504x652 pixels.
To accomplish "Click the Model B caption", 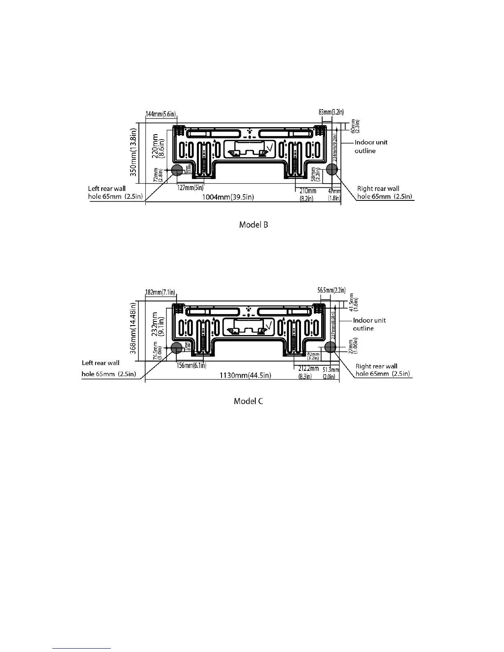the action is [x=254, y=225].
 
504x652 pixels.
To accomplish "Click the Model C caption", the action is [x=248, y=401].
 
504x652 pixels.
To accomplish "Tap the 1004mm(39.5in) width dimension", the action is [x=228, y=197].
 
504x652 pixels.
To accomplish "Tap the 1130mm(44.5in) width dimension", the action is [x=245, y=375].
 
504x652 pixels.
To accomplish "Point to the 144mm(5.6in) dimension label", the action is [x=161, y=114].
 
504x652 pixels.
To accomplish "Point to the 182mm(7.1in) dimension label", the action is [x=160, y=292].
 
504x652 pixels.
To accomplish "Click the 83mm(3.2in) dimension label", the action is [x=331, y=112].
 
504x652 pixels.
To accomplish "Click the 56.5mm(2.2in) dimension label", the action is [x=331, y=290].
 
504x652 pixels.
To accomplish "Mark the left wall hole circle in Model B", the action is [x=177, y=169].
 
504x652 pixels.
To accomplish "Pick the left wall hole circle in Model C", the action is [x=177, y=348].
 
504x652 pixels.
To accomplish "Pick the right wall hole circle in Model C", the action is [x=330, y=347].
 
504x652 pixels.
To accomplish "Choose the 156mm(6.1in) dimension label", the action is [x=191, y=366].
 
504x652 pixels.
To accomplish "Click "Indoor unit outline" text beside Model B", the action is [x=371, y=147].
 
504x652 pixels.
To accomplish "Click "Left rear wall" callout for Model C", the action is [x=101, y=363].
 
